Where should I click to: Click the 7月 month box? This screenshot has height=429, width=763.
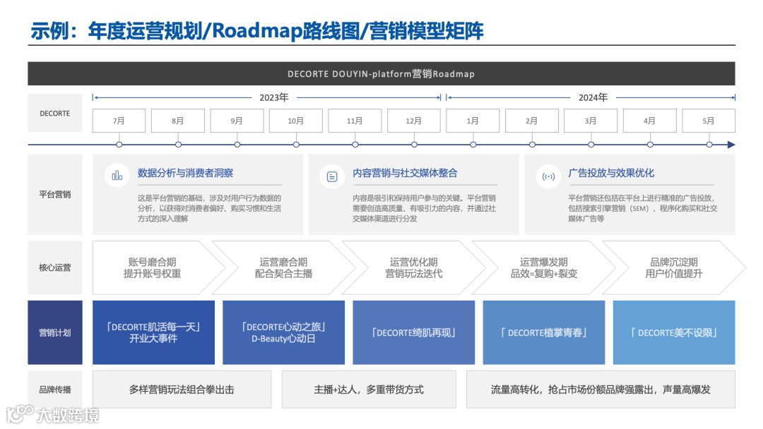(119, 121)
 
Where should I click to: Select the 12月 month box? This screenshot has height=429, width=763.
(414, 121)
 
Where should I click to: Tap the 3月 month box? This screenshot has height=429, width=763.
(591, 121)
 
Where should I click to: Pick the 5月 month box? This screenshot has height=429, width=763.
(709, 121)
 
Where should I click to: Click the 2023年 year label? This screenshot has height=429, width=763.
(274, 97)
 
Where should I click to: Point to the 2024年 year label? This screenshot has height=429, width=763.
(593, 97)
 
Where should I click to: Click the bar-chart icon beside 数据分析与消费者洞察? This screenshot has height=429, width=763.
(117, 175)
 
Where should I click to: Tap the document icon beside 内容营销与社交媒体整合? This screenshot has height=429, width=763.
(332, 176)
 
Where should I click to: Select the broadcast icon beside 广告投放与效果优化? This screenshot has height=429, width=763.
(548, 176)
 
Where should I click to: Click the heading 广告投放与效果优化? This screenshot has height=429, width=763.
(611, 173)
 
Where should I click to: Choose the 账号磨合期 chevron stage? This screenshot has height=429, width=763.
(153, 267)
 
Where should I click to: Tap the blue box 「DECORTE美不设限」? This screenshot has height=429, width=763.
(673, 332)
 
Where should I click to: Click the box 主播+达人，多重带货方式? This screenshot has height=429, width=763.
(369, 389)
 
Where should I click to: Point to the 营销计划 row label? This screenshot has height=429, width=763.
(55, 332)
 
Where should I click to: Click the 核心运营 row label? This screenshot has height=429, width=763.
(55, 267)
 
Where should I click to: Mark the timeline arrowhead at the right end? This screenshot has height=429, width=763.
(731, 145)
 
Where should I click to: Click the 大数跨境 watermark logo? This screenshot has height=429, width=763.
(53, 414)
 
